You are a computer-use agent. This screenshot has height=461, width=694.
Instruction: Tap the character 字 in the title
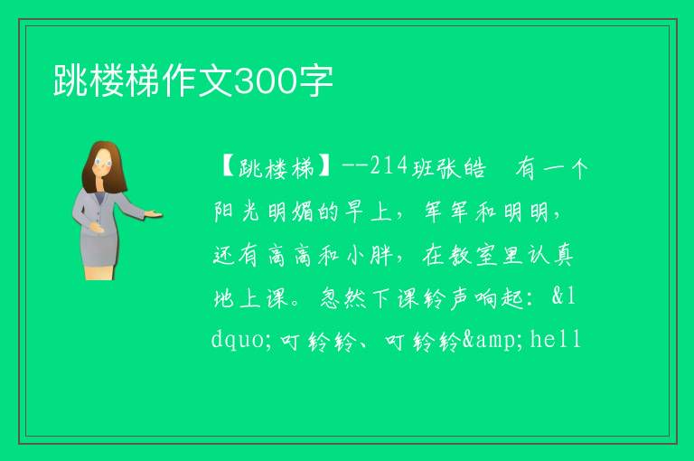[x=315, y=81]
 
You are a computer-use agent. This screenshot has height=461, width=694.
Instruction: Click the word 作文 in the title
[x=197, y=81]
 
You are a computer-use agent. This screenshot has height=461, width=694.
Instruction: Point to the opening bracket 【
[x=228, y=168]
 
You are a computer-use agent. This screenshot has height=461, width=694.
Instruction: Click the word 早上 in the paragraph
[x=367, y=212]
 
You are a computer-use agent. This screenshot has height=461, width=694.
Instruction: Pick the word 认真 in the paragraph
[x=550, y=256]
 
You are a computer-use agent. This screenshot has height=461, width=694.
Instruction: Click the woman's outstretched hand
[x=154, y=214]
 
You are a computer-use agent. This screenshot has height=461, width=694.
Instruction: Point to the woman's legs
[x=98, y=271]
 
